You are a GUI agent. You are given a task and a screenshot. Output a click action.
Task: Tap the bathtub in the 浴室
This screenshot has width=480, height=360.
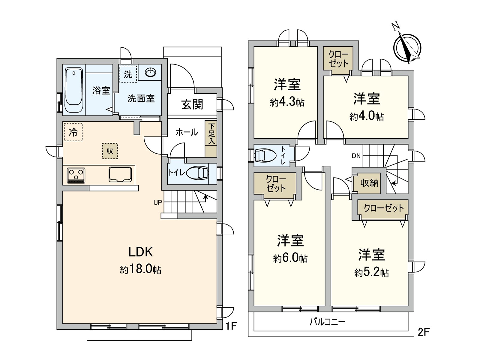click(74, 90)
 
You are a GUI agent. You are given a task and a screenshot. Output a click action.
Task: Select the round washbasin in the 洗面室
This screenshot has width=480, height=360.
click(150, 72)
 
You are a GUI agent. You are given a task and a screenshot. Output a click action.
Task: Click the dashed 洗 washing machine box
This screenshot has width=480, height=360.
click(128, 74)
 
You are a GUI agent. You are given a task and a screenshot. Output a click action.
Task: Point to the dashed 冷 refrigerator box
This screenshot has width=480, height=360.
click(73, 132)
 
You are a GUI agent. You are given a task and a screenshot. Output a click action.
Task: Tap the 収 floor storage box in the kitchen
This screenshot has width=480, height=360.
click(110, 151)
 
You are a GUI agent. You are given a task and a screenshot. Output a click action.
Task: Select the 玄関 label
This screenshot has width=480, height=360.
click(192, 104)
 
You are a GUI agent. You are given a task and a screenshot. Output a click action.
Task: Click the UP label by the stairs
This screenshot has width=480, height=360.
click(157, 202)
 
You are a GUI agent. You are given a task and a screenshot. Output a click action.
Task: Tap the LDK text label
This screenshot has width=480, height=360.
click(141, 252)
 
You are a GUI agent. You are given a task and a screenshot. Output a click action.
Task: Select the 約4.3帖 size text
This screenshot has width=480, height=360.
click(287, 103)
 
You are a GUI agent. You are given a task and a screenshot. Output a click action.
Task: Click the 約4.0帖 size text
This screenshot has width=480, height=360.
click(366, 116)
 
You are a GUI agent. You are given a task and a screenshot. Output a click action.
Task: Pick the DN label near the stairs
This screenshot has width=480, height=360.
click(356, 156)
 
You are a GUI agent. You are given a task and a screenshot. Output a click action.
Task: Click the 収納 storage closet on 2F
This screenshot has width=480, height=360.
click(369, 183)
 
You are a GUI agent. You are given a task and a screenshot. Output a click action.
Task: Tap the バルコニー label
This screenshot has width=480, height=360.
click(327, 322)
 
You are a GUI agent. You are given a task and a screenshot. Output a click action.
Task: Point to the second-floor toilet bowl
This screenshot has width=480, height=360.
click(265, 155)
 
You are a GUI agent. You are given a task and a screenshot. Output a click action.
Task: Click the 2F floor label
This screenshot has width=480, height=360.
click(423, 332)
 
